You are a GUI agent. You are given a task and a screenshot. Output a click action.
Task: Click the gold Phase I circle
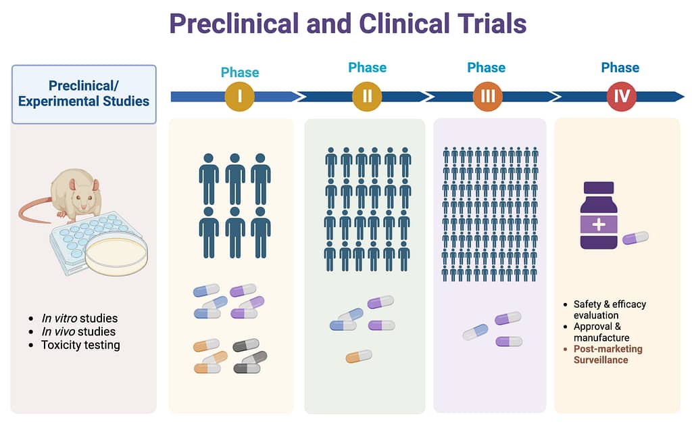pos(240,96)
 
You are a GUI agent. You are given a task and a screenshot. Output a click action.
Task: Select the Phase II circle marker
pos(367,96)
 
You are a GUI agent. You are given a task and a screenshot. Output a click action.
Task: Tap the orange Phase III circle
pos(488,96)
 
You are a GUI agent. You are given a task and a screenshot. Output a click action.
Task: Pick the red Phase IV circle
pos(622,96)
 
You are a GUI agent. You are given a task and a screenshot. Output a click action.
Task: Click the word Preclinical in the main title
pos(234,24)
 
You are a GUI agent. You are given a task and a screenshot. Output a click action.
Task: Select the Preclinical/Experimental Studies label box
pos(84,94)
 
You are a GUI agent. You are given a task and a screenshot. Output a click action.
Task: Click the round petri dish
pos(116,254)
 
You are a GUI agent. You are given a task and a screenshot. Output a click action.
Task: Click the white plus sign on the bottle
pos(599,225)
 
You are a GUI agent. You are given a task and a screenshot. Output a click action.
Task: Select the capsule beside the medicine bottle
pos(635,237)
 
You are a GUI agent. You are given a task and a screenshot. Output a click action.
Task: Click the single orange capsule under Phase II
pos(359,356)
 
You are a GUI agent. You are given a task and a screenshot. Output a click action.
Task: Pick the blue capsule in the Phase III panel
pos(476,331)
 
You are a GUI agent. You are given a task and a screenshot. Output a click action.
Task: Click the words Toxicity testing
pos(80,345)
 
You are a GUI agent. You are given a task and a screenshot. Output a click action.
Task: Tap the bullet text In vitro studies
pos(80,318)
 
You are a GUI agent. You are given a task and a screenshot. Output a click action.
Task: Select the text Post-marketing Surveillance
pos(608,354)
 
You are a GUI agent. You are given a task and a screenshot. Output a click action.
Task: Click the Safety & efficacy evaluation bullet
pos(610,310)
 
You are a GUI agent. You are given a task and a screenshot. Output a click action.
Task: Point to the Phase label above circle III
pos(487,68)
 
